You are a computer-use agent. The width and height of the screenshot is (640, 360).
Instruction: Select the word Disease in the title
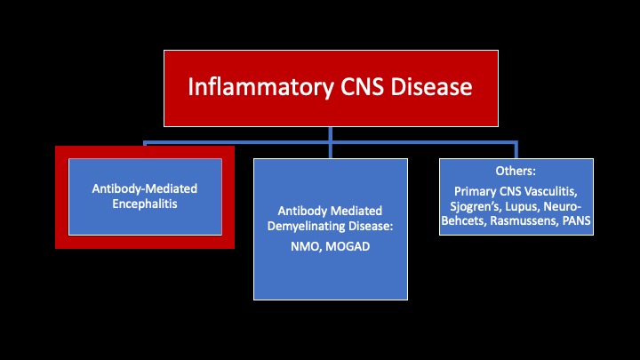click(432, 88)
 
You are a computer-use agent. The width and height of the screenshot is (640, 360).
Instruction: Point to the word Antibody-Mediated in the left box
click(145, 189)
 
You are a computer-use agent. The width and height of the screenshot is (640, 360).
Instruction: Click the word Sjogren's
click(476, 204)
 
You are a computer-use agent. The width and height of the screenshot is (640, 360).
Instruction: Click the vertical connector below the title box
click(330, 134)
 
